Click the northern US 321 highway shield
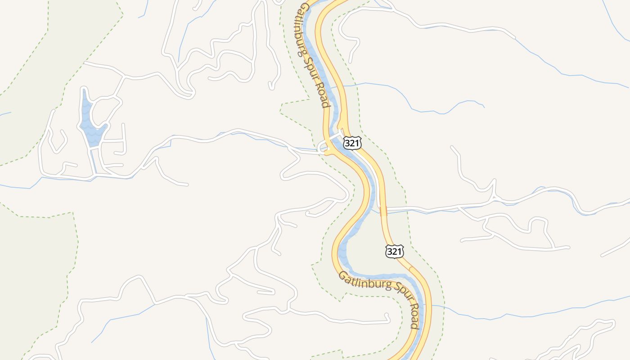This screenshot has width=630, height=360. [x=352, y=143]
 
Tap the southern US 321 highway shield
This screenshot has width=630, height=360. [x=394, y=252]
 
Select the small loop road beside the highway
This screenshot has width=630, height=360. [x=322, y=147]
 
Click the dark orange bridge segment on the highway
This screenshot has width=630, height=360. [x=383, y=211]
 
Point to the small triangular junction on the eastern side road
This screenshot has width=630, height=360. [x=494, y=197]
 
